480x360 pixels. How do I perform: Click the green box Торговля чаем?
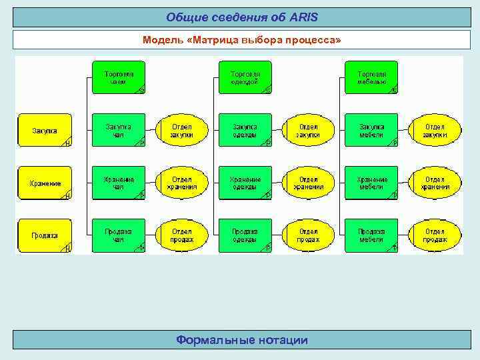[118, 77]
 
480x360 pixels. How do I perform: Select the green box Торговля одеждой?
[245, 77]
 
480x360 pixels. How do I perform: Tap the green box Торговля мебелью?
[371, 77]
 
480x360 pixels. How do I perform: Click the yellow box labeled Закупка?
[45, 131]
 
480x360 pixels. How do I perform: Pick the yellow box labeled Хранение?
[45, 183]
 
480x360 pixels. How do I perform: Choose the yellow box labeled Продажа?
[45, 235]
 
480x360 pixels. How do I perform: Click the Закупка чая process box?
[118, 131]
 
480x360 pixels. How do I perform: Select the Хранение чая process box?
[118, 183]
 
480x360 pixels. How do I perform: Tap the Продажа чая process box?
[118, 235]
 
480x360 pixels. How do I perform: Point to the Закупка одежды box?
[245, 131]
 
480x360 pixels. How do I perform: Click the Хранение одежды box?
[245, 183]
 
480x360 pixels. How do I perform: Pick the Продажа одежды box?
[245, 235]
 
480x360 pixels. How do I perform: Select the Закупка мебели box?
[371, 131]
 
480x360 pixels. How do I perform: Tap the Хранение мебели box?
[371, 183]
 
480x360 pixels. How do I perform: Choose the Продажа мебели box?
[371, 235]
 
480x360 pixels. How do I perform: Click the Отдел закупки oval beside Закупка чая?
[181, 131]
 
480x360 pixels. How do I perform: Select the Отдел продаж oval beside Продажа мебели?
[435, 235]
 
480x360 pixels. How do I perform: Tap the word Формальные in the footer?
[209, 341]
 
